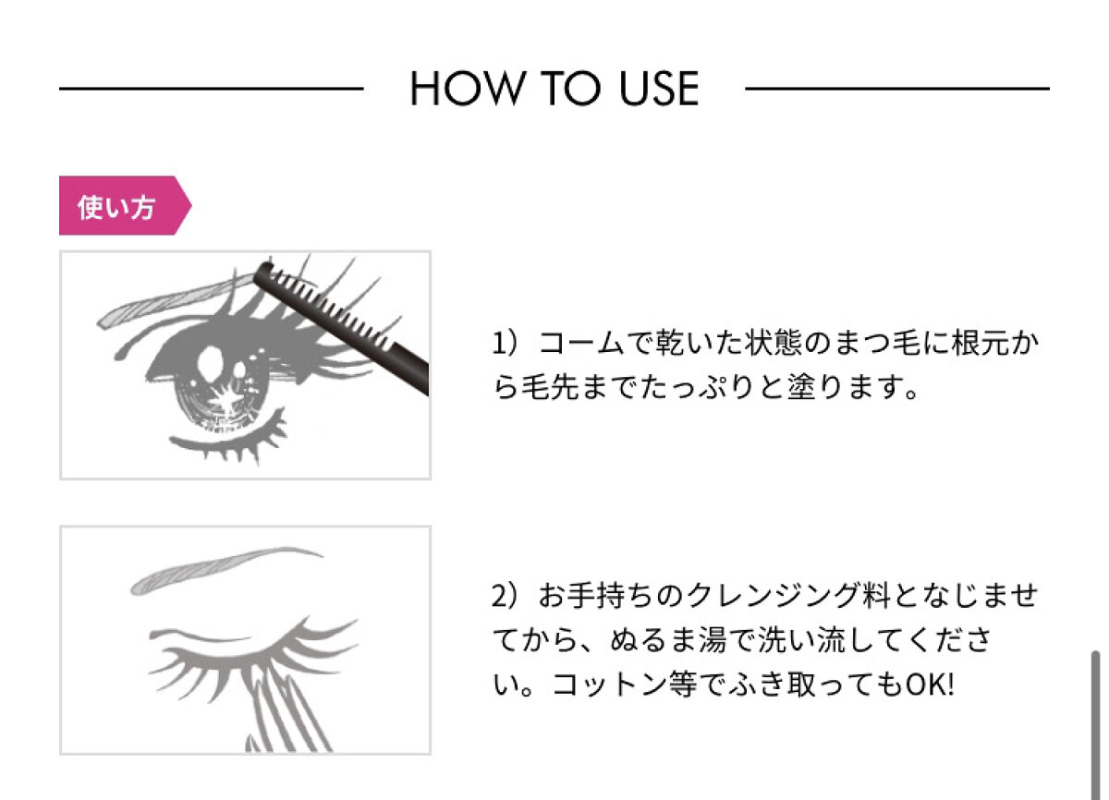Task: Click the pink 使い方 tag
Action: coord(126,205)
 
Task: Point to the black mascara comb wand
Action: coord(342,326)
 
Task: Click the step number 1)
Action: coord(505,343)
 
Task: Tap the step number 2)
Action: coord(505,595)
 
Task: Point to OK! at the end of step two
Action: coord(930,685)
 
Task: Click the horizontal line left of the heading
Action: coord(212,89)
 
